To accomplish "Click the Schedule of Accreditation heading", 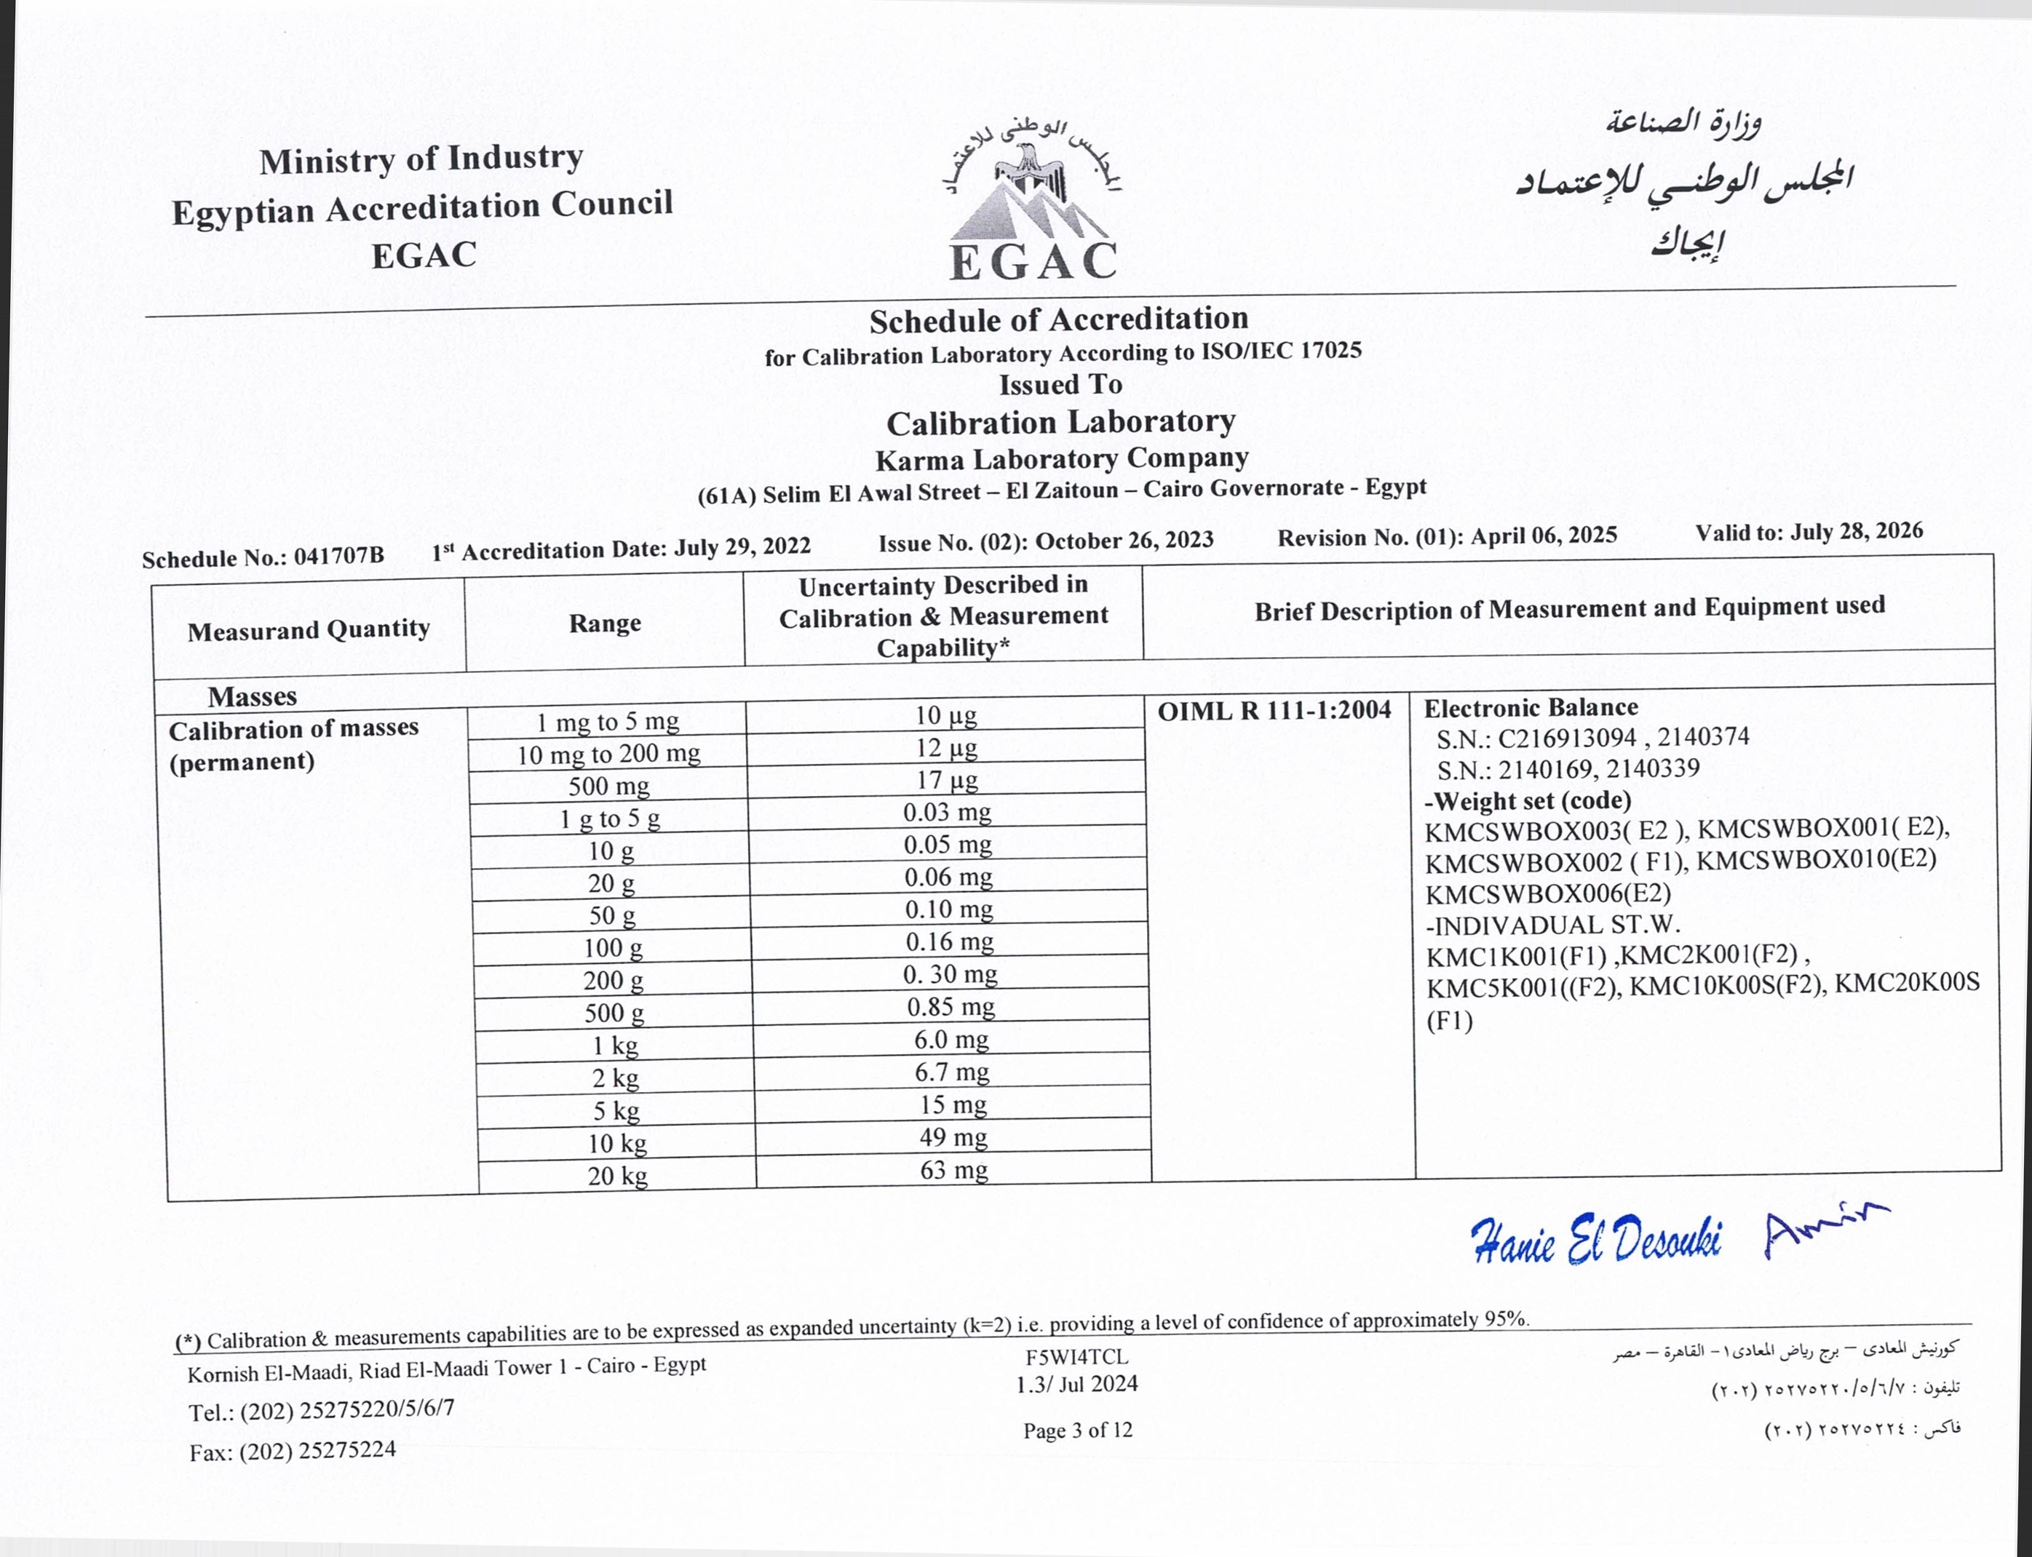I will (1059, 319).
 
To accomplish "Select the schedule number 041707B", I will (338, 555).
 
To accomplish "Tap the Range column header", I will (604, 623).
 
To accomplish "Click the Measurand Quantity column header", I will (309, 630).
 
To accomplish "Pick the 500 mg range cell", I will (608, 786).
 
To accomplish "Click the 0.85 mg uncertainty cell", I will (950, 1006).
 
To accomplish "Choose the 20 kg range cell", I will (616, 1175).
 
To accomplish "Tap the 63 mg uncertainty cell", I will (953, 1170).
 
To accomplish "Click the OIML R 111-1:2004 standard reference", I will (1274, 711).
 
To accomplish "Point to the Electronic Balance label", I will (1531, 708).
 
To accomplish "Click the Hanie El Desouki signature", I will (1595, 1239).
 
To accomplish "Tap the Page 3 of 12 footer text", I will (1077, 1430).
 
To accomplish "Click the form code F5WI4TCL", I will (1076, 1357).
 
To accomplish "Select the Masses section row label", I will (252, 696).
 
